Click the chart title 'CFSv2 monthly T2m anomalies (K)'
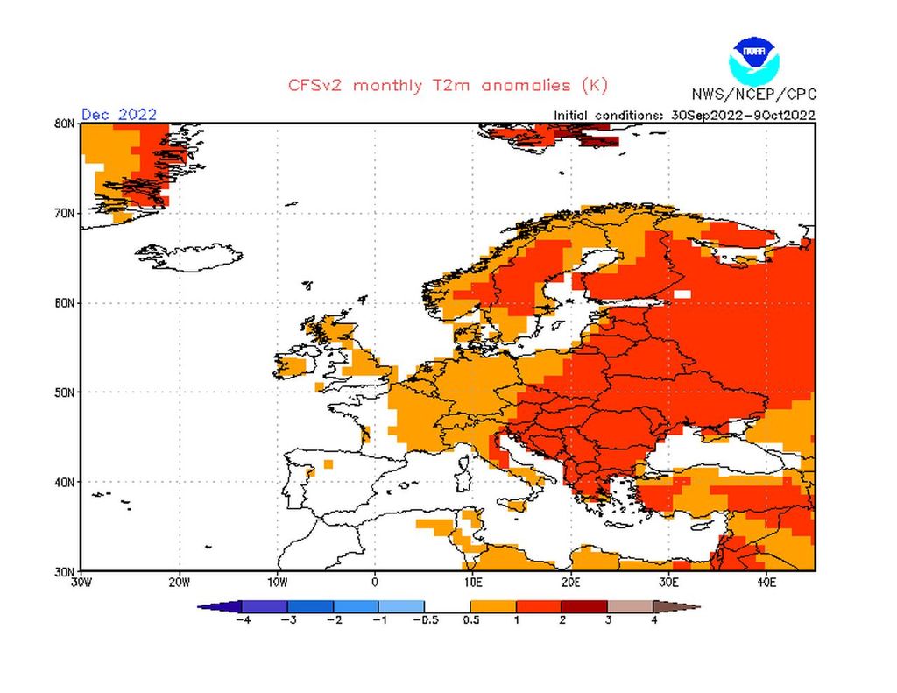[448, 86]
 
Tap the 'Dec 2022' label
[119, 114]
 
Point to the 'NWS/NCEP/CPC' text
[752, 95]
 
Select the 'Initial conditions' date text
[684, 115]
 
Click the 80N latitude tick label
[63, 124]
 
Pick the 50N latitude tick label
[63, 392]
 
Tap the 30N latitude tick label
[63, 570]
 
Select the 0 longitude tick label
[375, 582]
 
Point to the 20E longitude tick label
[570, 582]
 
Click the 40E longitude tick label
[766, 582]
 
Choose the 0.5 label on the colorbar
[470, 620]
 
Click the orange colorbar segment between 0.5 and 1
[492, 605]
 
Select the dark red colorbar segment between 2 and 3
[584, 605]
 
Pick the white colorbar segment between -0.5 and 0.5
[447, 605]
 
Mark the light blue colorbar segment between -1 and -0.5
[401, 605]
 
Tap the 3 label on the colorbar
[607, 620]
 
